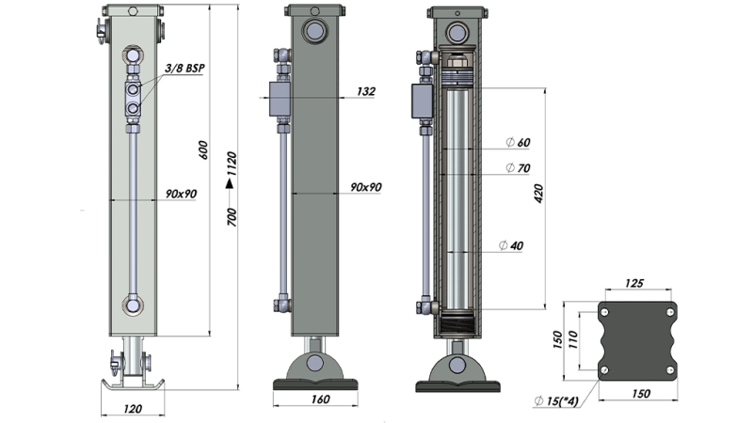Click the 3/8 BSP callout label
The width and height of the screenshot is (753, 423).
(x=184, y=68)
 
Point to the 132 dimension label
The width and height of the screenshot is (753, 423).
(x=366, y=91)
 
